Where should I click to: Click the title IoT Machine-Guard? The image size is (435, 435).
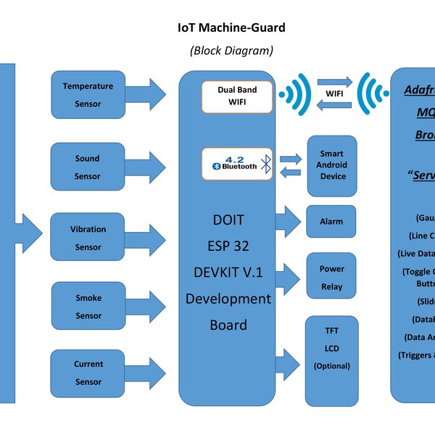(x=231, y=28)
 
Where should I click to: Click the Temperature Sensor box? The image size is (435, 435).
(x=87, y=95)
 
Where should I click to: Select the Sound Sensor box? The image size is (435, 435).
(x=87, y=167)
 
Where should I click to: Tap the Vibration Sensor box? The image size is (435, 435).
(x=87, y=238)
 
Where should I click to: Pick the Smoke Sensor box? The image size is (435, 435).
(x=87, y=307)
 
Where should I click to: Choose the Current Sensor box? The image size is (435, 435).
(x=87, y=373)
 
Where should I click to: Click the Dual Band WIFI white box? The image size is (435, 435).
(x=237, y=97)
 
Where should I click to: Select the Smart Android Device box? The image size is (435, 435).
(x=332, y=165)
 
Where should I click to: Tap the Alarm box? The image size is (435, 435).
(x=331, y=221)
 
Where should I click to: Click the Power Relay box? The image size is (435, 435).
(x=331, y=277)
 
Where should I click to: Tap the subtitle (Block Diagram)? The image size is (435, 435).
(x=231, y=51)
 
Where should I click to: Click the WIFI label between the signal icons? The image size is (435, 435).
(x=334, y=94)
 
